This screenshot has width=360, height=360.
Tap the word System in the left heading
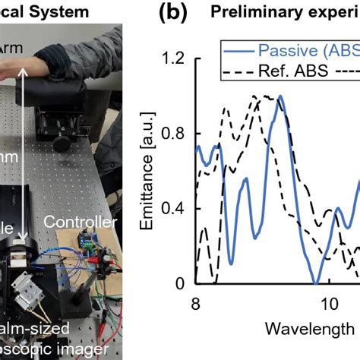75,12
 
